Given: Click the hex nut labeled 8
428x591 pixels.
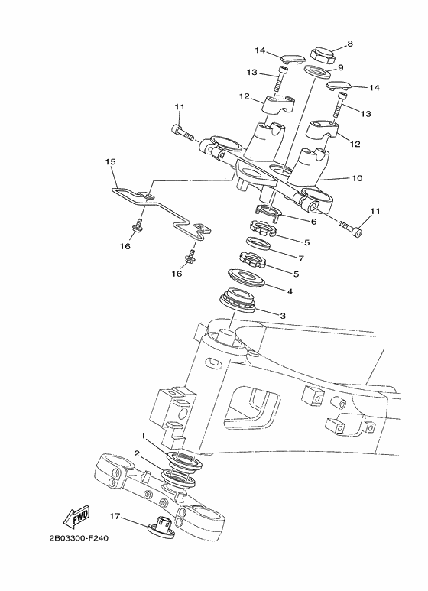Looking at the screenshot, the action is [323, 55].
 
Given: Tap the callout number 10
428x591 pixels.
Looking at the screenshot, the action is [357, 177].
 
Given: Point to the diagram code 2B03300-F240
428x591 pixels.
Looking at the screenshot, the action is [79, 538].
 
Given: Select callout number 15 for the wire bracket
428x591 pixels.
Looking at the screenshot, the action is [110, 161].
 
